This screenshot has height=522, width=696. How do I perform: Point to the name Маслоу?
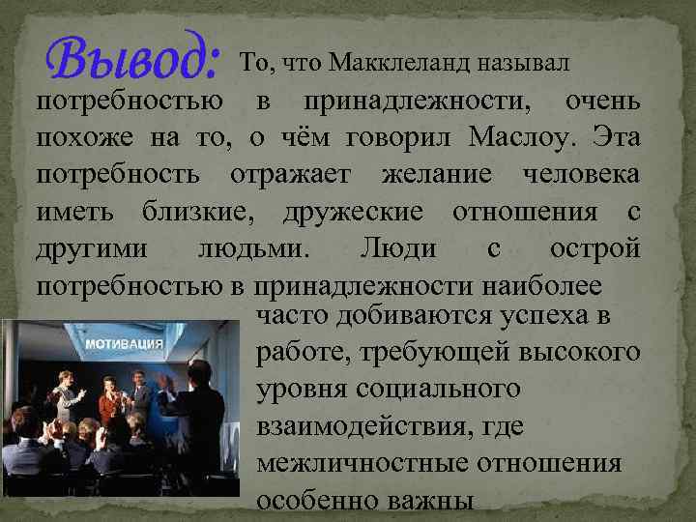click(523, 136)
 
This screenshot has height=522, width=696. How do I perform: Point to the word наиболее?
click(546, 285)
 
